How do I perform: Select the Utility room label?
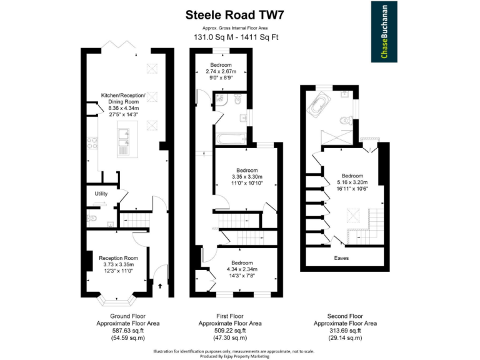(101, 194)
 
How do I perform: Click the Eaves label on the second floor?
(341, 257)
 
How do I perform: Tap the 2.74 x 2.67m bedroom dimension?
(221, 71)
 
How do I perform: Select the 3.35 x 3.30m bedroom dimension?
(247, 177)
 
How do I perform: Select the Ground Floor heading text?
(127, 316)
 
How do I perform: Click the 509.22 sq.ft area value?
(230, 331)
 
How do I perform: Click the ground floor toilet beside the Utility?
(91, 218)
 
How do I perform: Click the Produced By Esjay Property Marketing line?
(235, 356)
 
